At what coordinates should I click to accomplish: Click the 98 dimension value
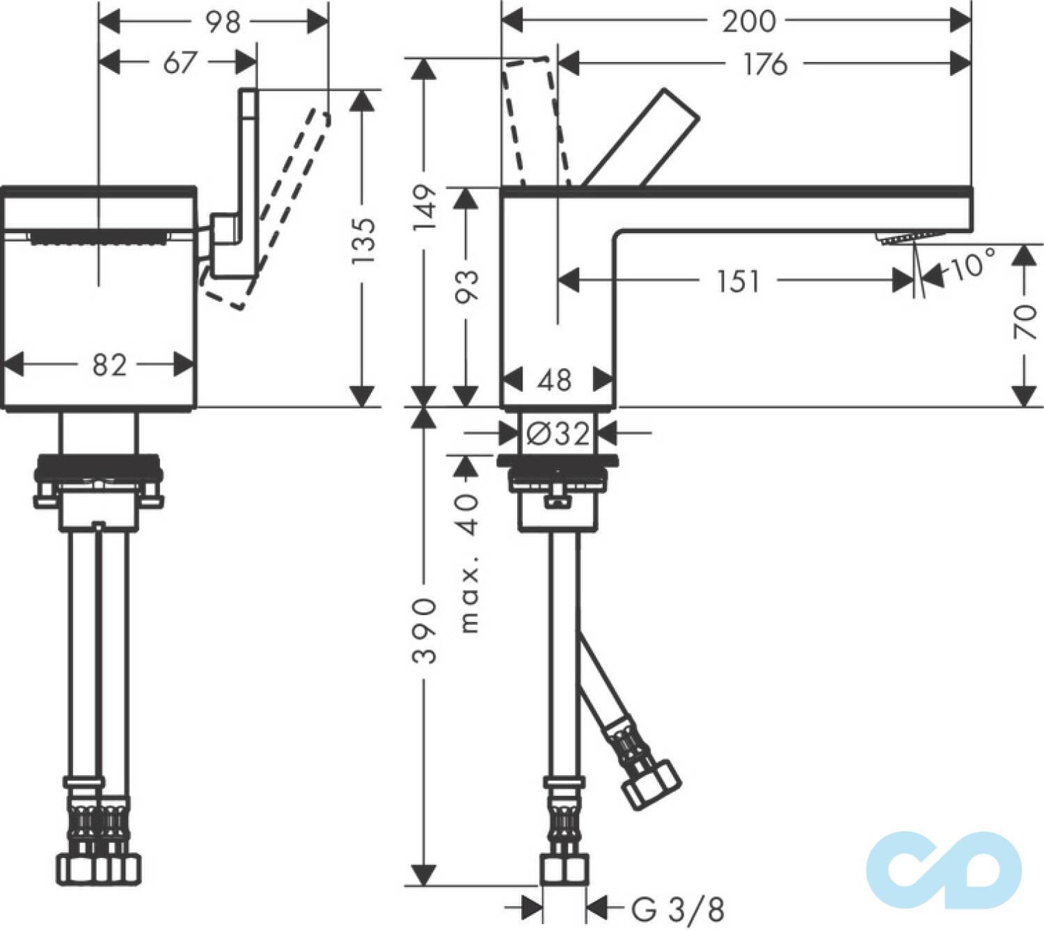click(223, 23)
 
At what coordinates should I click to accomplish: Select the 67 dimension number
click(180, 63)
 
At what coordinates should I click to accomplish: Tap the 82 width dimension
click(109, 365)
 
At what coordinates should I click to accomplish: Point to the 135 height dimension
click(363, 241)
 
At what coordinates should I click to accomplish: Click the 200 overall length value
click(748, 22)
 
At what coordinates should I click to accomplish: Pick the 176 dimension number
click(765, 64)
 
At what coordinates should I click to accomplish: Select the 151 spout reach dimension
click(738, 281)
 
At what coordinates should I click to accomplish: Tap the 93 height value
click(468, 287)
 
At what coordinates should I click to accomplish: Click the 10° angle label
click(972, 265)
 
